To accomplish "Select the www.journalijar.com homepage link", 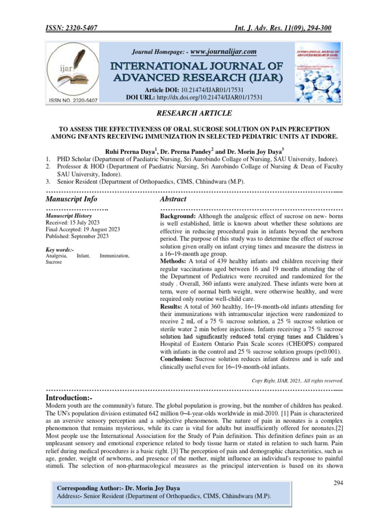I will click(222, 51).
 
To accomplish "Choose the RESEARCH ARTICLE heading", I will click(194, 113).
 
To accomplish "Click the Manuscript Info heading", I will click(71, 199).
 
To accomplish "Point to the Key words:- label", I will click(60, 250).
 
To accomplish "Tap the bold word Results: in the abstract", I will click(172, 307).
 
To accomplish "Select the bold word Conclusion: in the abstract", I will click(178, 359).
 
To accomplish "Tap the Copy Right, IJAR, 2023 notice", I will click(297, 380).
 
